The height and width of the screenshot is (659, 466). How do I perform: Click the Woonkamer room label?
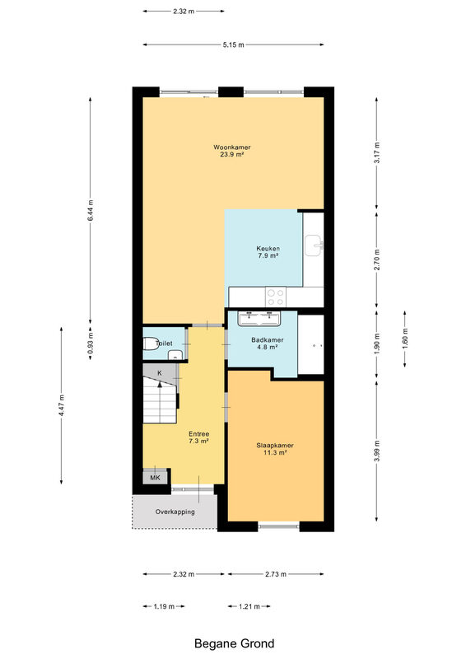[232, 151]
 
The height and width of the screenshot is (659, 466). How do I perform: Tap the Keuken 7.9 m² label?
[268, 252]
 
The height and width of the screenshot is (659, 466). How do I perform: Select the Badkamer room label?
[268, 344]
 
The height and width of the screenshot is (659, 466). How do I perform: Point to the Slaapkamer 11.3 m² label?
[275, 449]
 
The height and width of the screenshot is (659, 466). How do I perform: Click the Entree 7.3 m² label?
[198, 437]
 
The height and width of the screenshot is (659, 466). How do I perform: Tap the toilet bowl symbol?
[150, 344]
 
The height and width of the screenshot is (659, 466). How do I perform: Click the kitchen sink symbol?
[314, 245]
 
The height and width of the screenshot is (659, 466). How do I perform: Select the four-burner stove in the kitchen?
[276, 297]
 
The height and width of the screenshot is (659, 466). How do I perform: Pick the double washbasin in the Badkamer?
[259, 318]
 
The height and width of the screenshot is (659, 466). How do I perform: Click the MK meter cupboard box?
[155, 478]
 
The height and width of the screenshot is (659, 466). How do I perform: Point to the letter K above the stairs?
[159, 373]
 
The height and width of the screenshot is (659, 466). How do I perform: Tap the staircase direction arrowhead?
[160, 385]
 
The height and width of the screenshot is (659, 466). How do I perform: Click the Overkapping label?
[175, 512]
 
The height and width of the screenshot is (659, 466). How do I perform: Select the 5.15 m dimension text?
[233, 45]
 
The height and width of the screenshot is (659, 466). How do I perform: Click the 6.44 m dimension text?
[91, 211]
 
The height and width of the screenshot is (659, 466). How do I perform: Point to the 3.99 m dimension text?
[377, 451]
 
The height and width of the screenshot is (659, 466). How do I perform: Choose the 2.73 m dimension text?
[276, 574]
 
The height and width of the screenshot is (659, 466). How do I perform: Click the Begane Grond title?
[234, 643]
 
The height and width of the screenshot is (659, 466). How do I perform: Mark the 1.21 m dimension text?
[249, 606]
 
